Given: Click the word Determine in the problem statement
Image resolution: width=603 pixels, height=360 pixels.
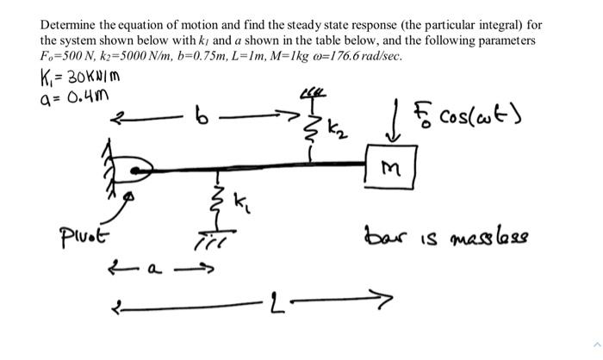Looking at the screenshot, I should [x=71, y=25].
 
